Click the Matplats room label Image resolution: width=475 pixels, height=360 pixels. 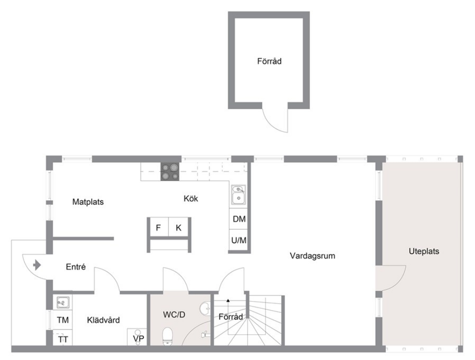point(88,202)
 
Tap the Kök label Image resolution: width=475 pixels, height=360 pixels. point(191,199)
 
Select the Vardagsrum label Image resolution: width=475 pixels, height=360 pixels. point(313,256)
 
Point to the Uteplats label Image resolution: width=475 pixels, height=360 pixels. point(424,251)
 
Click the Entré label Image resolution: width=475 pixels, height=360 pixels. point(76,267)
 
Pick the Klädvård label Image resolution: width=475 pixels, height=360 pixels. point(103,320)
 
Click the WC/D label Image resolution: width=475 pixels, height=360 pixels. point(174,314)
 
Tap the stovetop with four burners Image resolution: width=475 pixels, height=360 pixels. point(170,171)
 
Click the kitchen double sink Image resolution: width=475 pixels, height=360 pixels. point(239,195)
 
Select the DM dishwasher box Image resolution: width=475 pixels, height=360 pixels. point(239,218)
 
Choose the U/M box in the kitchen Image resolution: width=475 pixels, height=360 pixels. point(239,240)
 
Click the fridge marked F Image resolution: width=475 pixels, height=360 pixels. point(159,227)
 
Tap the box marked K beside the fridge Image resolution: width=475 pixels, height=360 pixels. point(179,227)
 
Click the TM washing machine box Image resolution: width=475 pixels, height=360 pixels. point(63,320)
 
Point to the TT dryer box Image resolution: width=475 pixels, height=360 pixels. point(63,339)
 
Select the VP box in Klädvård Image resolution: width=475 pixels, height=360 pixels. point(138,337)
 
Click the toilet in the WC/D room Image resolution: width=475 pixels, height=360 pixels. point(168,336)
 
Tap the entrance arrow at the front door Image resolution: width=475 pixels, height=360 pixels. point(37,265)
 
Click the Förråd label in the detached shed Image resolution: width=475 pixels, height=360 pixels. point(269,61)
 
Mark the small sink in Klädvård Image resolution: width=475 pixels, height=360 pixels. point(63,302)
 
